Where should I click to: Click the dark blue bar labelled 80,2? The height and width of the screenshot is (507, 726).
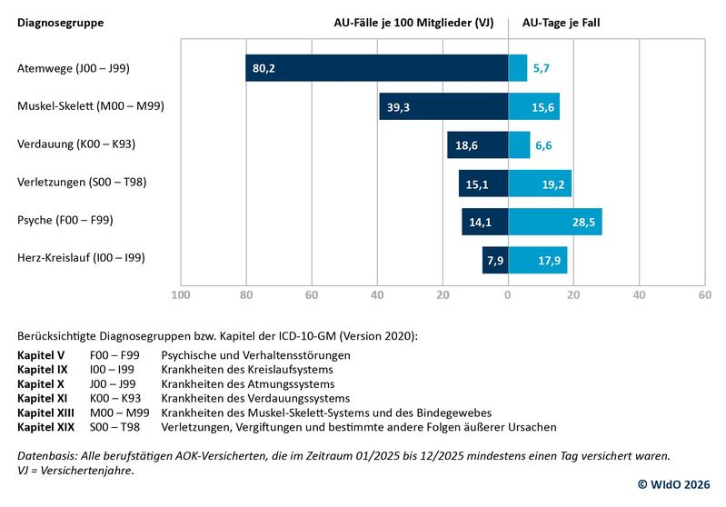click(x=376, y=68)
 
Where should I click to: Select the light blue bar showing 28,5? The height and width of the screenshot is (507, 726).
click(x=554, y=221)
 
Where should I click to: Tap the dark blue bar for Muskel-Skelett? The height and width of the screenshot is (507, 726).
click(x=443, y=106)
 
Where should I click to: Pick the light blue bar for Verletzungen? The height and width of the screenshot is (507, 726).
click(x=539, y=183)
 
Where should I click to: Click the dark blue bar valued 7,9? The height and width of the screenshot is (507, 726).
click(x=495, y=260)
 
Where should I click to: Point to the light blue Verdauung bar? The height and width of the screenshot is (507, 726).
click(x=519, y=144)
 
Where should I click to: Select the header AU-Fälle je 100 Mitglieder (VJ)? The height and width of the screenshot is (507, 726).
click(x=413, y=22)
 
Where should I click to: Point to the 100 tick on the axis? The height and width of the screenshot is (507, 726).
click(x=181, y=294)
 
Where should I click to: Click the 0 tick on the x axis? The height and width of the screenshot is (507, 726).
click(x=508, y=294)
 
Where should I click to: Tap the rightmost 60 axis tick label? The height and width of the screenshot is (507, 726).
click(x=704, y=294)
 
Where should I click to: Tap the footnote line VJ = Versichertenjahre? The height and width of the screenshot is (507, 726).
click(x=76, y=470)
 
